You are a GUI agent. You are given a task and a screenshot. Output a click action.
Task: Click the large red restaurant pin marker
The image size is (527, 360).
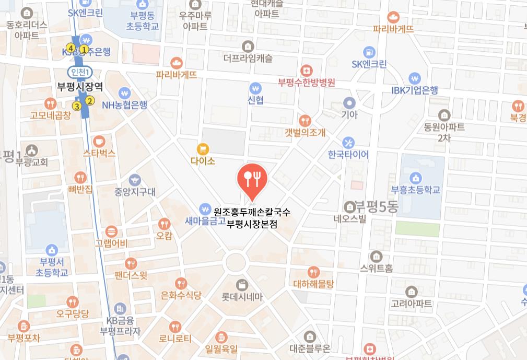tap(253, 179)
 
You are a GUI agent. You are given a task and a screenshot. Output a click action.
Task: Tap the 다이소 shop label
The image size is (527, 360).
tap(203, 161)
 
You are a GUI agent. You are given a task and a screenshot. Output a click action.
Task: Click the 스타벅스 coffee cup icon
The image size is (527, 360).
tap(99, 141)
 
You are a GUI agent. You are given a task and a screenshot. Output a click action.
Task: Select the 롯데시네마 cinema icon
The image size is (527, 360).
tap(242, 285)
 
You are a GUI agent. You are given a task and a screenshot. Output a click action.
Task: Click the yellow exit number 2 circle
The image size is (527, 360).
tap(90, 101)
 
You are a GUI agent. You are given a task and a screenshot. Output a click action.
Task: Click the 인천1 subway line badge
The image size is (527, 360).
tap(81, 72)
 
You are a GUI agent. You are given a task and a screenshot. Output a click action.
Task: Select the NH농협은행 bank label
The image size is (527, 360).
tap(124, 105)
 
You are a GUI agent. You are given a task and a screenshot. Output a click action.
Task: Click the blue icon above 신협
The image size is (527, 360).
tap(255, 88)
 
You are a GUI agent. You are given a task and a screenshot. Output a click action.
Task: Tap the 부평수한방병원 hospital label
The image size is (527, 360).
tap(306, 82)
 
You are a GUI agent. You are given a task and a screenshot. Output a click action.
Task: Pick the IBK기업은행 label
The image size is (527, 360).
tap(415, 90)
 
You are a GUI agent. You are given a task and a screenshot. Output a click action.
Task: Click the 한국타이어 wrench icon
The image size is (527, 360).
tap(348, 142)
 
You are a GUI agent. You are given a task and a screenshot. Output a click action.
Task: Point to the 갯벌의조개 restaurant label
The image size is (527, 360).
tap(305, 133)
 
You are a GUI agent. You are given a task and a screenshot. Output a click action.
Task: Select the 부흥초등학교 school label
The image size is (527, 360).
tap(416, 190)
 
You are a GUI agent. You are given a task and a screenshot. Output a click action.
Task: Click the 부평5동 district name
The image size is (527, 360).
tap(376, 206)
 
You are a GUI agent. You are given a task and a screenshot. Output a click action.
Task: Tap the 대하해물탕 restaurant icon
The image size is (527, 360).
tap(313, 272)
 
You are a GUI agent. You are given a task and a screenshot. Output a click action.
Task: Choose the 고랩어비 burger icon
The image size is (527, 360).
tap(111, 231)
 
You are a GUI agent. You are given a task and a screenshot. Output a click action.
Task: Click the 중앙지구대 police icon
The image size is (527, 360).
tap(135, 180)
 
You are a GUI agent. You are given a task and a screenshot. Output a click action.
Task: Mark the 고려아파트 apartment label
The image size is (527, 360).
tap(412, 304)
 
